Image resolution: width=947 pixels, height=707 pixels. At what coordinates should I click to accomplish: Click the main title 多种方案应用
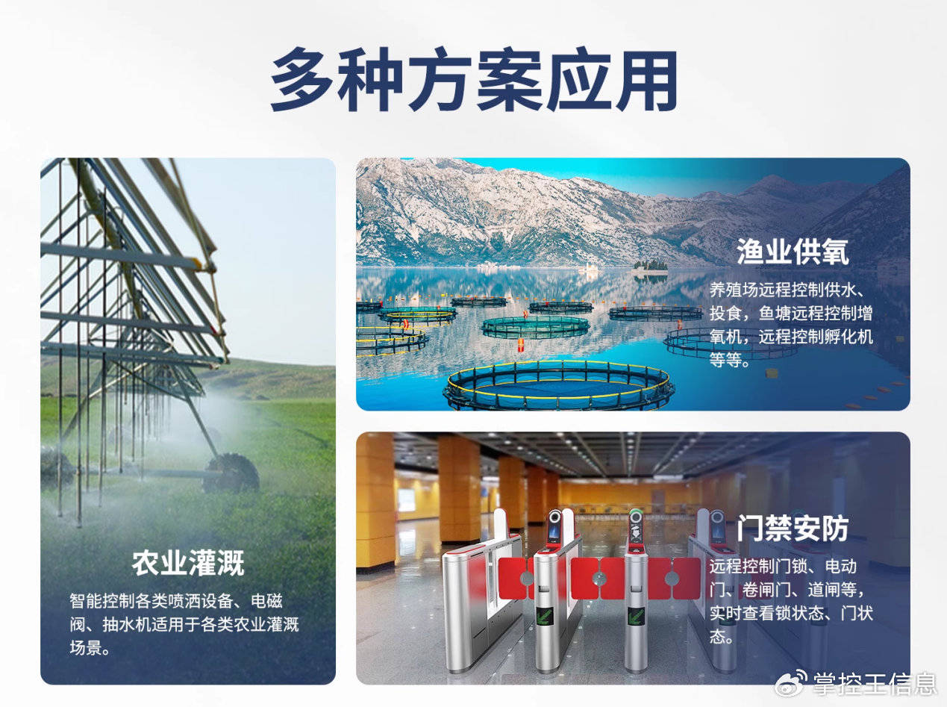click(x=473, y=80)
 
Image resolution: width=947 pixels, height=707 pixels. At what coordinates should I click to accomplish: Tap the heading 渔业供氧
click(x=793, y=252)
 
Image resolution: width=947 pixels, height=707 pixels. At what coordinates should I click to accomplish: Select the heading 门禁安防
click(x=793, y=528)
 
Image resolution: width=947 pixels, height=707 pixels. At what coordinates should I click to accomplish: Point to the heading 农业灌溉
click(x=188, y=563)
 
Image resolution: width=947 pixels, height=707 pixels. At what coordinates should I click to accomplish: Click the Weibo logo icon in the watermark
click(x=791, y=683)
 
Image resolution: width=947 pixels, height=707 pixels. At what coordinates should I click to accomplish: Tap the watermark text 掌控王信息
click(x=875, y=684)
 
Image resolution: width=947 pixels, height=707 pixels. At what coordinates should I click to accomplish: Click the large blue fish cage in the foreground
click(x=559, y=385)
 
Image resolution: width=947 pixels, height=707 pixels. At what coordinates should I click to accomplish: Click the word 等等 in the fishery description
click(x=725, y=360)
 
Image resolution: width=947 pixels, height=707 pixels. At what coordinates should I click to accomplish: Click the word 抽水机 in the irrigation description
click(x=127, y=624)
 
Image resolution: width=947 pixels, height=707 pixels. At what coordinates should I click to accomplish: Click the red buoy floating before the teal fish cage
click(x=521, y=344)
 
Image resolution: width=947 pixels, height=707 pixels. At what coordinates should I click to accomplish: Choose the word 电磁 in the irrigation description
click(x=266, y=601)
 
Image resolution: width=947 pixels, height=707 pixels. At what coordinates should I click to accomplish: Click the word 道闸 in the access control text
click(x=824, y=590)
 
